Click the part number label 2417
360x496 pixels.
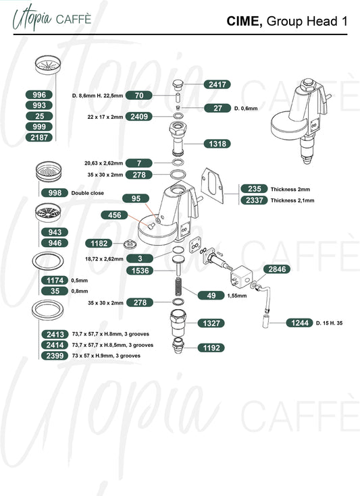point(217,84)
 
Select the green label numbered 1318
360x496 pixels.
point(217,144)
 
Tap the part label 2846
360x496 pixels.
point(277,269)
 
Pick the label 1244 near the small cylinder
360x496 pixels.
point(299,323)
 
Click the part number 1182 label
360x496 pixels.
point(99,243)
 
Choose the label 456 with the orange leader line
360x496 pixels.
point(114,215)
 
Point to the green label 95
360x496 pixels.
point(136,198)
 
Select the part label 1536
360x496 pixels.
point(140,271)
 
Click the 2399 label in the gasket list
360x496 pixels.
point(55,356)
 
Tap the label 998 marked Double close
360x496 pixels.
point(55,192)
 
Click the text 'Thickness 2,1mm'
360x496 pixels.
point(292,200)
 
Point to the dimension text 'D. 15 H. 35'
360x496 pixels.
point(330,323)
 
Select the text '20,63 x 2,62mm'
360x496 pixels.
point(103,163)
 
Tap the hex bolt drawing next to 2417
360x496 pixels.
point(178,85)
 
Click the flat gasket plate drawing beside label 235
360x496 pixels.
point(213,186)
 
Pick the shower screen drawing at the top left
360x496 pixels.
point(48,65)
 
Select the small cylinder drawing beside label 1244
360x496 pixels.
point(266,321)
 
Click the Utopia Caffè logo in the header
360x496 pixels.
point(52,20)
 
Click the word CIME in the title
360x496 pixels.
point(245,21)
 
